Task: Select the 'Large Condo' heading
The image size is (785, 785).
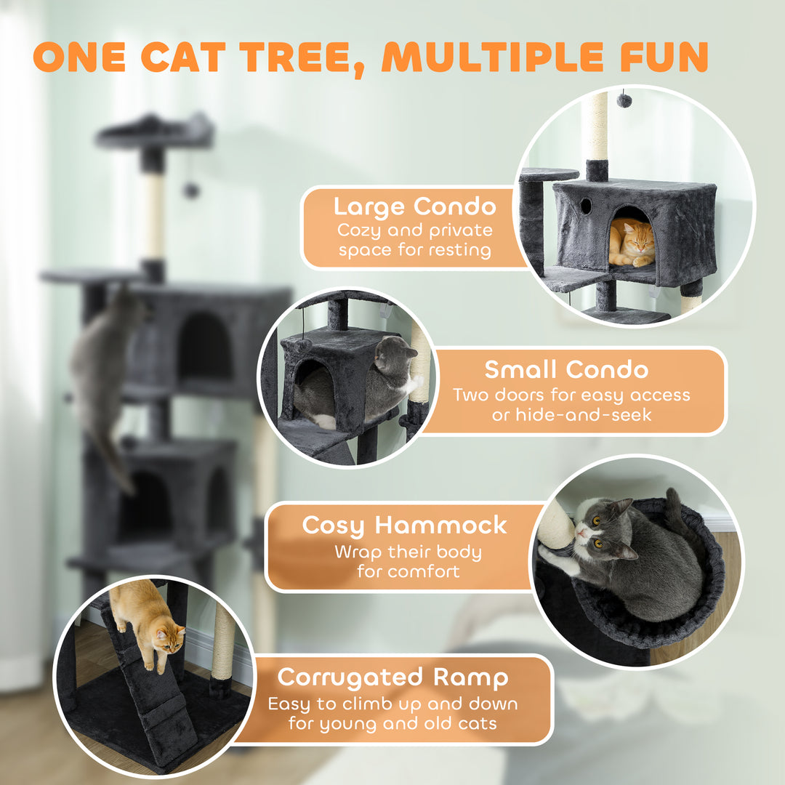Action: pyautogui.click(x=414, y=206)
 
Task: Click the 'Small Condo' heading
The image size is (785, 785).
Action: pyautogui.click(x=566, y=369)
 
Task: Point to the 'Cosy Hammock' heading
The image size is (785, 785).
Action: pyautogui.click(x=404, y=525)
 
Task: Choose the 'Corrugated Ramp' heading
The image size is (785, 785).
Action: pyautogui.click(x=393, y=677)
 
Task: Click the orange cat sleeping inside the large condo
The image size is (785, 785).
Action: pyautogui.click(x=631, y=242)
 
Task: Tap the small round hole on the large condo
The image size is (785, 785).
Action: pyautogui.click(x=586, y=206)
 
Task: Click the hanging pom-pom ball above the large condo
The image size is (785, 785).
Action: pyautogui.click(x=624, y=99)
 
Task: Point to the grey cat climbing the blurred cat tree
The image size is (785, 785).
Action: pyautogui.click(x=102, y=363)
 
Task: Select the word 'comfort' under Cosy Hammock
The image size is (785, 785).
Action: pyautogui.click(x=424, y=571)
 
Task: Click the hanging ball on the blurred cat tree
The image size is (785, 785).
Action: pyautogui.click(x=191, y=190)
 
